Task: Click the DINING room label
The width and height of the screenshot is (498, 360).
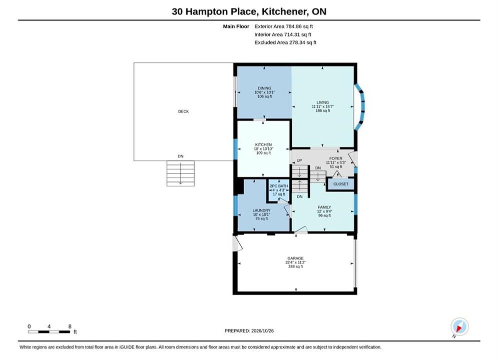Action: coord(265,88)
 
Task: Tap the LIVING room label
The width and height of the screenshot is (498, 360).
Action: coord(323,102)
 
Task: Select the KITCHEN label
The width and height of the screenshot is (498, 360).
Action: coord(263,144)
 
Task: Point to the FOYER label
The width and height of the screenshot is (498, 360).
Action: coord(336,158)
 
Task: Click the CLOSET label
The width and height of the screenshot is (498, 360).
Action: coord(341,184)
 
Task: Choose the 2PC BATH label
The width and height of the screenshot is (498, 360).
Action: coord(279,186)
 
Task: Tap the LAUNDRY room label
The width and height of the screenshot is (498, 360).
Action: coord(261,210)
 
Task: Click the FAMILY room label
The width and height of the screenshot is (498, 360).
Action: coord(324,207)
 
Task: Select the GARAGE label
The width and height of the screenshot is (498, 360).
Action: coord(295,258)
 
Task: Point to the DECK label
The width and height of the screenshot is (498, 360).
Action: coord(183,111)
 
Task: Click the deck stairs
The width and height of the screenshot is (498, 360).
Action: coord(180,173)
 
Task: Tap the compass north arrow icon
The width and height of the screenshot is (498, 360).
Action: coord(459,326)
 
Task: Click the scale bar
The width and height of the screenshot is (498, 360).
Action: coord(49,332)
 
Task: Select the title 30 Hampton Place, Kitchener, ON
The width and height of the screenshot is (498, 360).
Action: coord(249,11)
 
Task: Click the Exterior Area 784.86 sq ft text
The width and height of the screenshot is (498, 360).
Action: coord(284,26)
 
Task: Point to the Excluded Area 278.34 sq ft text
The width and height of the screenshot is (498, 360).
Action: coord(285,42)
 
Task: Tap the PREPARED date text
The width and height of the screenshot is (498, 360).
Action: coord(249,330)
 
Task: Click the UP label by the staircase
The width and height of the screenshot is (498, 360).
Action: coord(299,160)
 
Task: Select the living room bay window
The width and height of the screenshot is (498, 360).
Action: coord(360,107)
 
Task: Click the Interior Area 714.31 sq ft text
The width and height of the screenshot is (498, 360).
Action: coord(283,34)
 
